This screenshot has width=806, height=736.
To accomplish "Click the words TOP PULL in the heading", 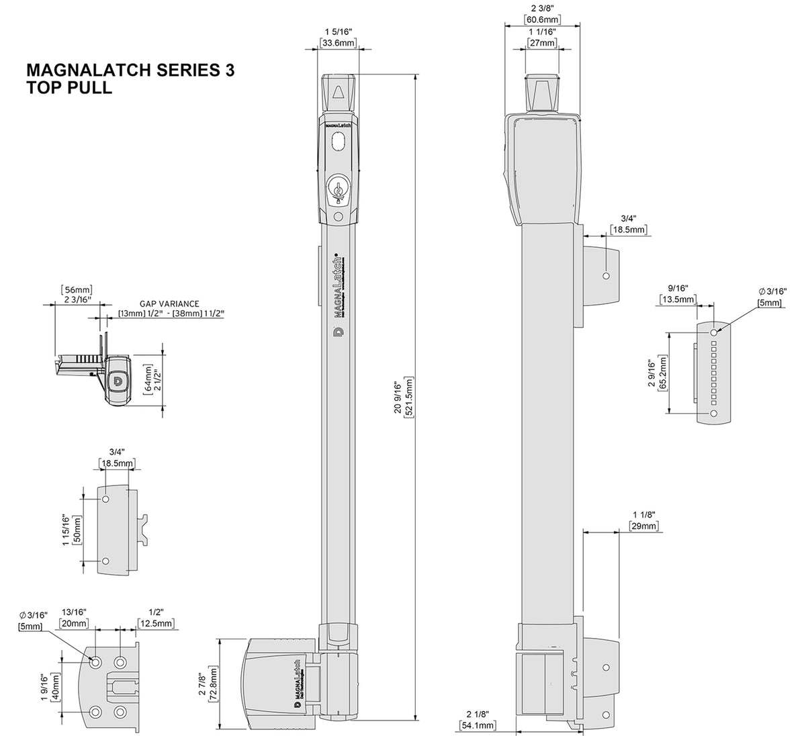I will pyautogui.click(x=69, y=87).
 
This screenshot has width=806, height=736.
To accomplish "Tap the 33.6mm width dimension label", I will pyautogui.click(x=337, y=43).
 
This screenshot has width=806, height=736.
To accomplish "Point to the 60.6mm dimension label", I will pyautogui.click(x=542, y=19).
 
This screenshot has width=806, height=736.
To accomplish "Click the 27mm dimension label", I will pyautogui.click(x=542, y=43).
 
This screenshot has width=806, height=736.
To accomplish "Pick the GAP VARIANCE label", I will pyautogui.click(x=169, y=304).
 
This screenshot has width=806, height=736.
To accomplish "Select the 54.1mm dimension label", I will pyautogui.click(x=478, y=725).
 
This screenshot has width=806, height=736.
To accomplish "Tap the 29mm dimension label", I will pyautogui.click(x=643, y=526).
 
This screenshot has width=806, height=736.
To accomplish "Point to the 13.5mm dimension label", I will pyautogui.click(x=678, y=299).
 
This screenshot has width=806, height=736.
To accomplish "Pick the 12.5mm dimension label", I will pyautogui.click(x=156, y=623).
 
